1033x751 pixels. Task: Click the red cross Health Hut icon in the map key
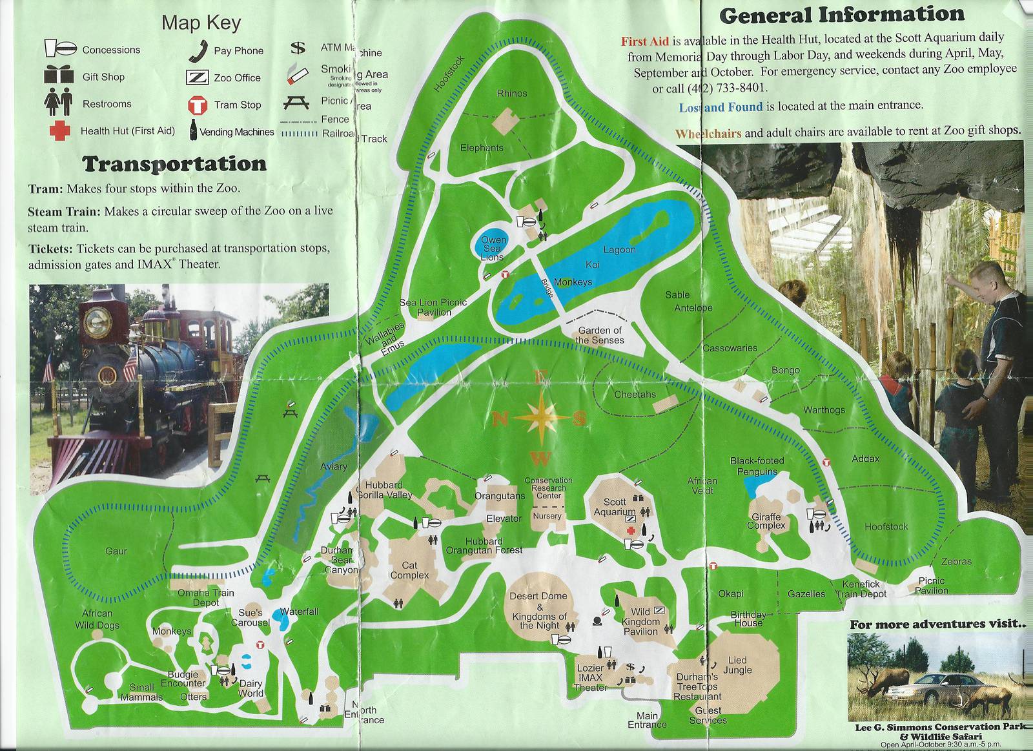coord(59,130)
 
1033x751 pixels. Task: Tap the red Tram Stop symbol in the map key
coord(196,105)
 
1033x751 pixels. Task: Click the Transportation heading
coord(174,164)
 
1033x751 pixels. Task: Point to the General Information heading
coord(842,14)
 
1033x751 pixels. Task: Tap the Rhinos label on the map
coord(511,94)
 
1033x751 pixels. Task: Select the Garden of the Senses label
coord(599,335)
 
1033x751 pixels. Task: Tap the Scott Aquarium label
coord(615,507)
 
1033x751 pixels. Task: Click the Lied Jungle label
coord(737,665)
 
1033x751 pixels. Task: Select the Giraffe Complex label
coord(766,521)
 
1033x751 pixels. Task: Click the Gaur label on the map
coord(116,551)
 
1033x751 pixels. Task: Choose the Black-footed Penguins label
coord(757,466)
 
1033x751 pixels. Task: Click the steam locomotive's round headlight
coord(98,319)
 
